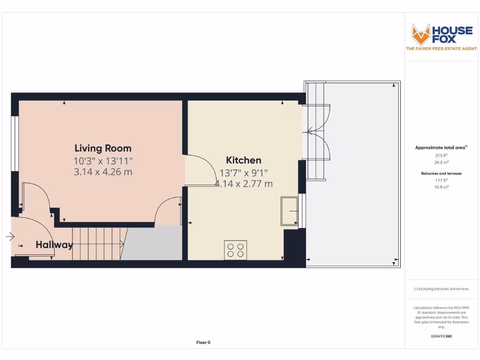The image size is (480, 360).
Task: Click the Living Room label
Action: click(103, 149)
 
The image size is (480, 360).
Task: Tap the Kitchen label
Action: click(243, 160)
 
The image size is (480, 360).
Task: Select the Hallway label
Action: click(54, 245)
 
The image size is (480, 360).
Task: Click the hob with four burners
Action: click(235, 249)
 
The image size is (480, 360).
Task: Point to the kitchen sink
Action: click(289, 211)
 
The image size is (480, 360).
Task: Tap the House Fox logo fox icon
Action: click(420, 34)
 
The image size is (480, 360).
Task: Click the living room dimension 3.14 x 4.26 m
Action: click(103, 172)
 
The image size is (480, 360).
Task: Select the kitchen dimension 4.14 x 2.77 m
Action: click(243, 184)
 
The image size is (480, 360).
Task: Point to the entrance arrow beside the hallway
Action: click(10, 237)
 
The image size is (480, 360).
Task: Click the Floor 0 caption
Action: click(203, 343)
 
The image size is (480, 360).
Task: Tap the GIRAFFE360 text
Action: click(441, 336)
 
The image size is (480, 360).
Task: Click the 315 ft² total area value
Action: click(441, 155)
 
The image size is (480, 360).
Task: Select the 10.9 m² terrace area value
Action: click(441, 187)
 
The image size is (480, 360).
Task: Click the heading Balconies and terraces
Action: click(441, 173)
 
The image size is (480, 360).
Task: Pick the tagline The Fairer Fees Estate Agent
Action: click(441, 49)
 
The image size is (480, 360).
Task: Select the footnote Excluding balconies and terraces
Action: click(441, 289)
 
